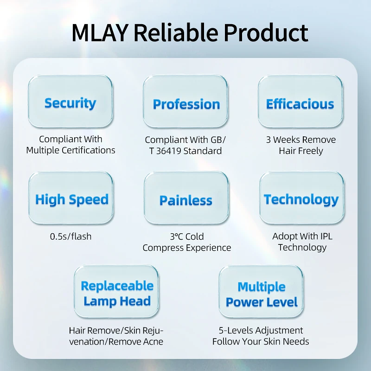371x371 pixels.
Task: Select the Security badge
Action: coord(70,102)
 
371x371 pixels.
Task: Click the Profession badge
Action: coord(186,104)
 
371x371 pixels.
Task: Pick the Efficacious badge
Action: coord(300,103)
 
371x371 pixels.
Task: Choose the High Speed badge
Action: coord(71,200)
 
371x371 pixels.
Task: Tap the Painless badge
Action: coord(186,200)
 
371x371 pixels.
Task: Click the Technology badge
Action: coord(301,199)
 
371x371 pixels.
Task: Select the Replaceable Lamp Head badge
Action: coord(117,293)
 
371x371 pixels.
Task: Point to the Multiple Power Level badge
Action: coord(262,294)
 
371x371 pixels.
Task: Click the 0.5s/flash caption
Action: coord(71,237)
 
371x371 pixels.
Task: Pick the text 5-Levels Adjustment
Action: coord(261,331)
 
